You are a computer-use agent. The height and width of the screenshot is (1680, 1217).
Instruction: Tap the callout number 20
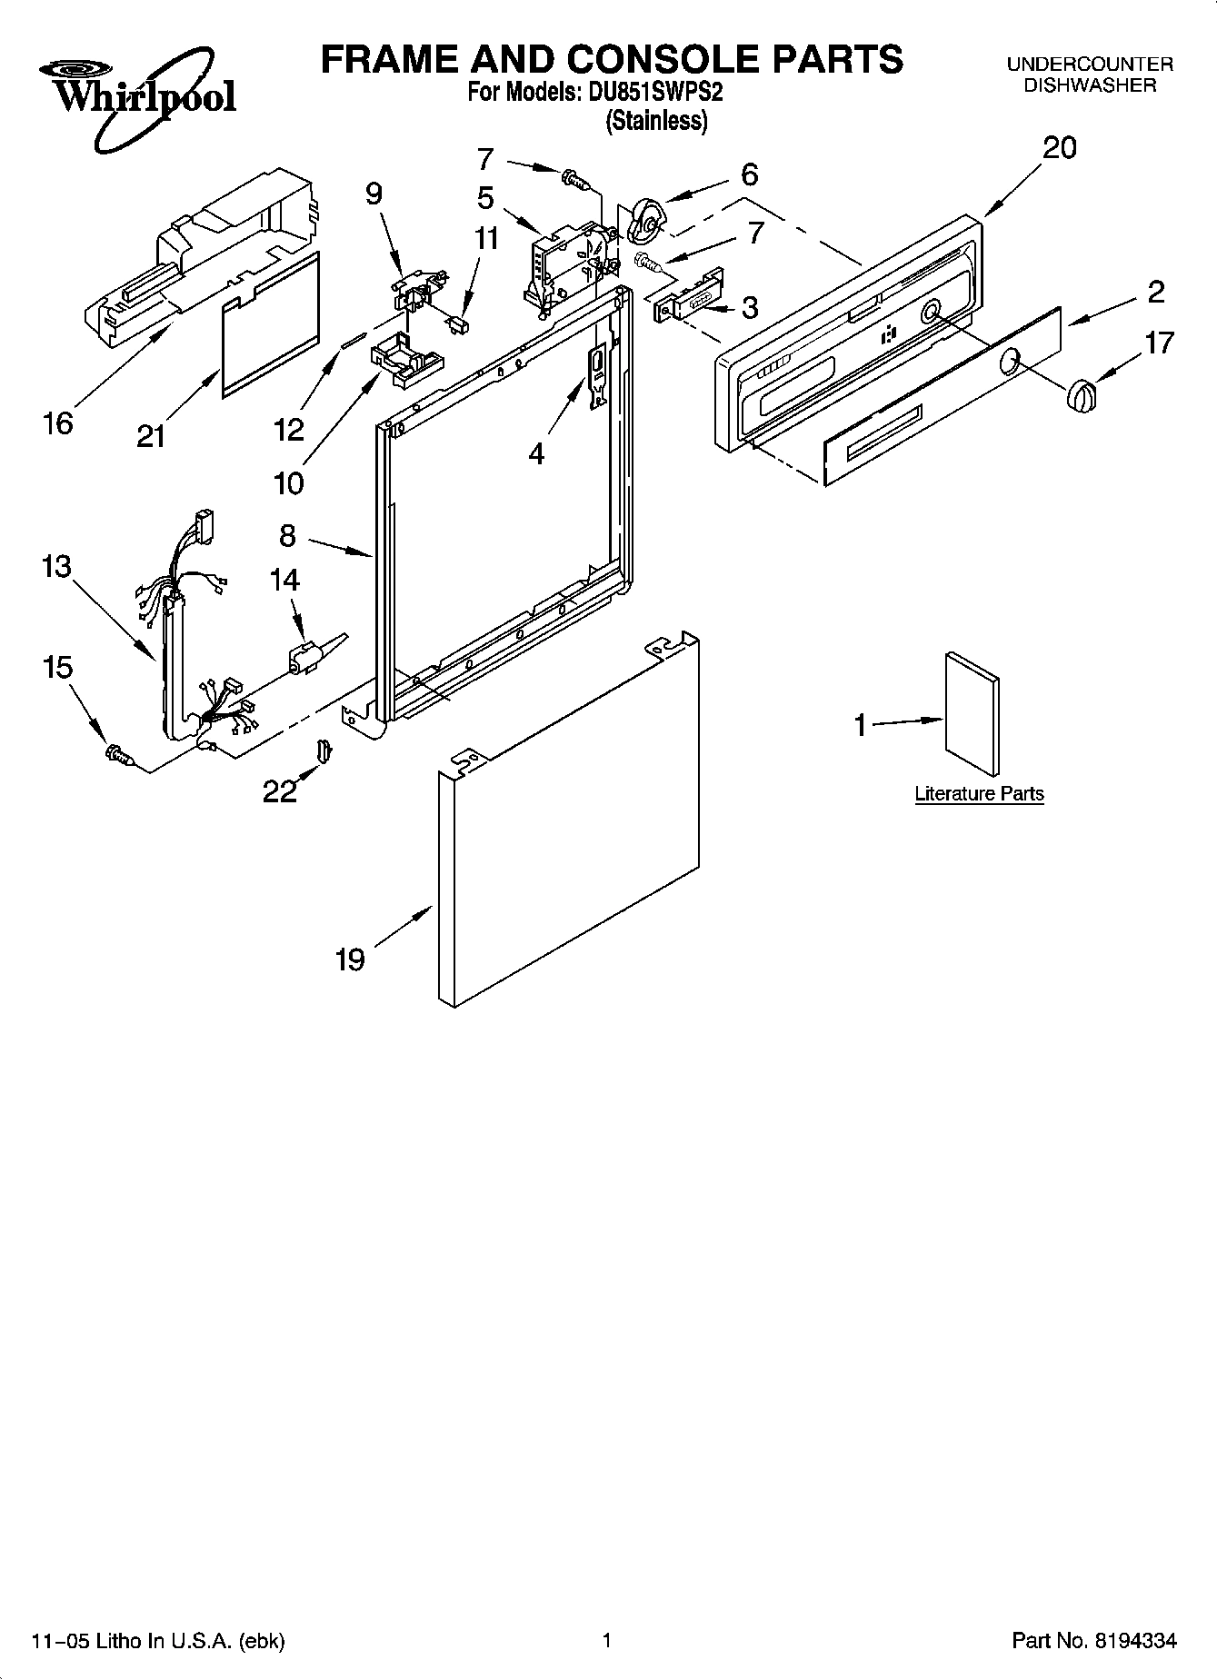(x=1059, y=147)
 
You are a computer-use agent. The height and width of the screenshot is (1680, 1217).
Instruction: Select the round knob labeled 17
(x=1080, y=396)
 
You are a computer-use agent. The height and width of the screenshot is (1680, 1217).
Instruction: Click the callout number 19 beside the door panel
(x=350, y=959)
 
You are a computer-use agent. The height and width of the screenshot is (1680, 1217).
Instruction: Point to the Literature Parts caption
(x=979, y=793)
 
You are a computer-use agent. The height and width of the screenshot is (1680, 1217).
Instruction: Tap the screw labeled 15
(x=119, y=753)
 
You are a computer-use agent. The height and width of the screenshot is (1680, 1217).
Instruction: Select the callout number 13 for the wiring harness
(x=56, y=567)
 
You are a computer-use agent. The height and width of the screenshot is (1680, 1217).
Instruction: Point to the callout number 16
(x=57, y=422)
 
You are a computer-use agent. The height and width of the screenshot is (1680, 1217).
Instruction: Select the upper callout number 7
(x=485, y=160)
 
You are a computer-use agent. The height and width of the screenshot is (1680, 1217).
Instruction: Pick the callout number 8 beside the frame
(x=287, y=536)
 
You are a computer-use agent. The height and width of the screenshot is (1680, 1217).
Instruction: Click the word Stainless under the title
(x=656, y=121)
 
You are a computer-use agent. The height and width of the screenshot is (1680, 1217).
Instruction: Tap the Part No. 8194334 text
(x=1094, y=1640)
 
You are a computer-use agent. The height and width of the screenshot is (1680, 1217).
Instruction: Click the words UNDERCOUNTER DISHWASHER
(x=1089, y=75)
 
